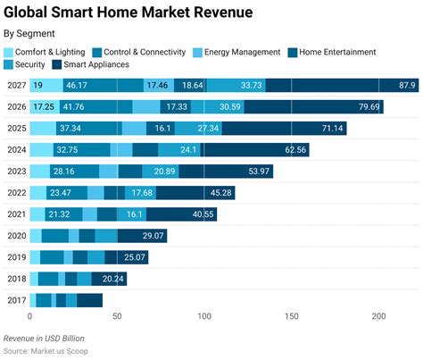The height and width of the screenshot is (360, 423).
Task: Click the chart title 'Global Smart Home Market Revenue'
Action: [128, 13]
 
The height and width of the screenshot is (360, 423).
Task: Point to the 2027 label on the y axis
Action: [15, 86]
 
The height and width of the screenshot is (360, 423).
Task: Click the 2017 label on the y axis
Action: [15, 300]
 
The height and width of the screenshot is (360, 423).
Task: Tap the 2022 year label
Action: [15, 193]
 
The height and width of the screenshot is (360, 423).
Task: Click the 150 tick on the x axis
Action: [292, 317]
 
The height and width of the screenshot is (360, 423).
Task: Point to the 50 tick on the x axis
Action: [118, 317]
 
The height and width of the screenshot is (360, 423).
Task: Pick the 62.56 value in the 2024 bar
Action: [291, 150]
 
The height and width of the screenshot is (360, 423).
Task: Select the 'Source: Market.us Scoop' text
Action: [51, 351]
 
